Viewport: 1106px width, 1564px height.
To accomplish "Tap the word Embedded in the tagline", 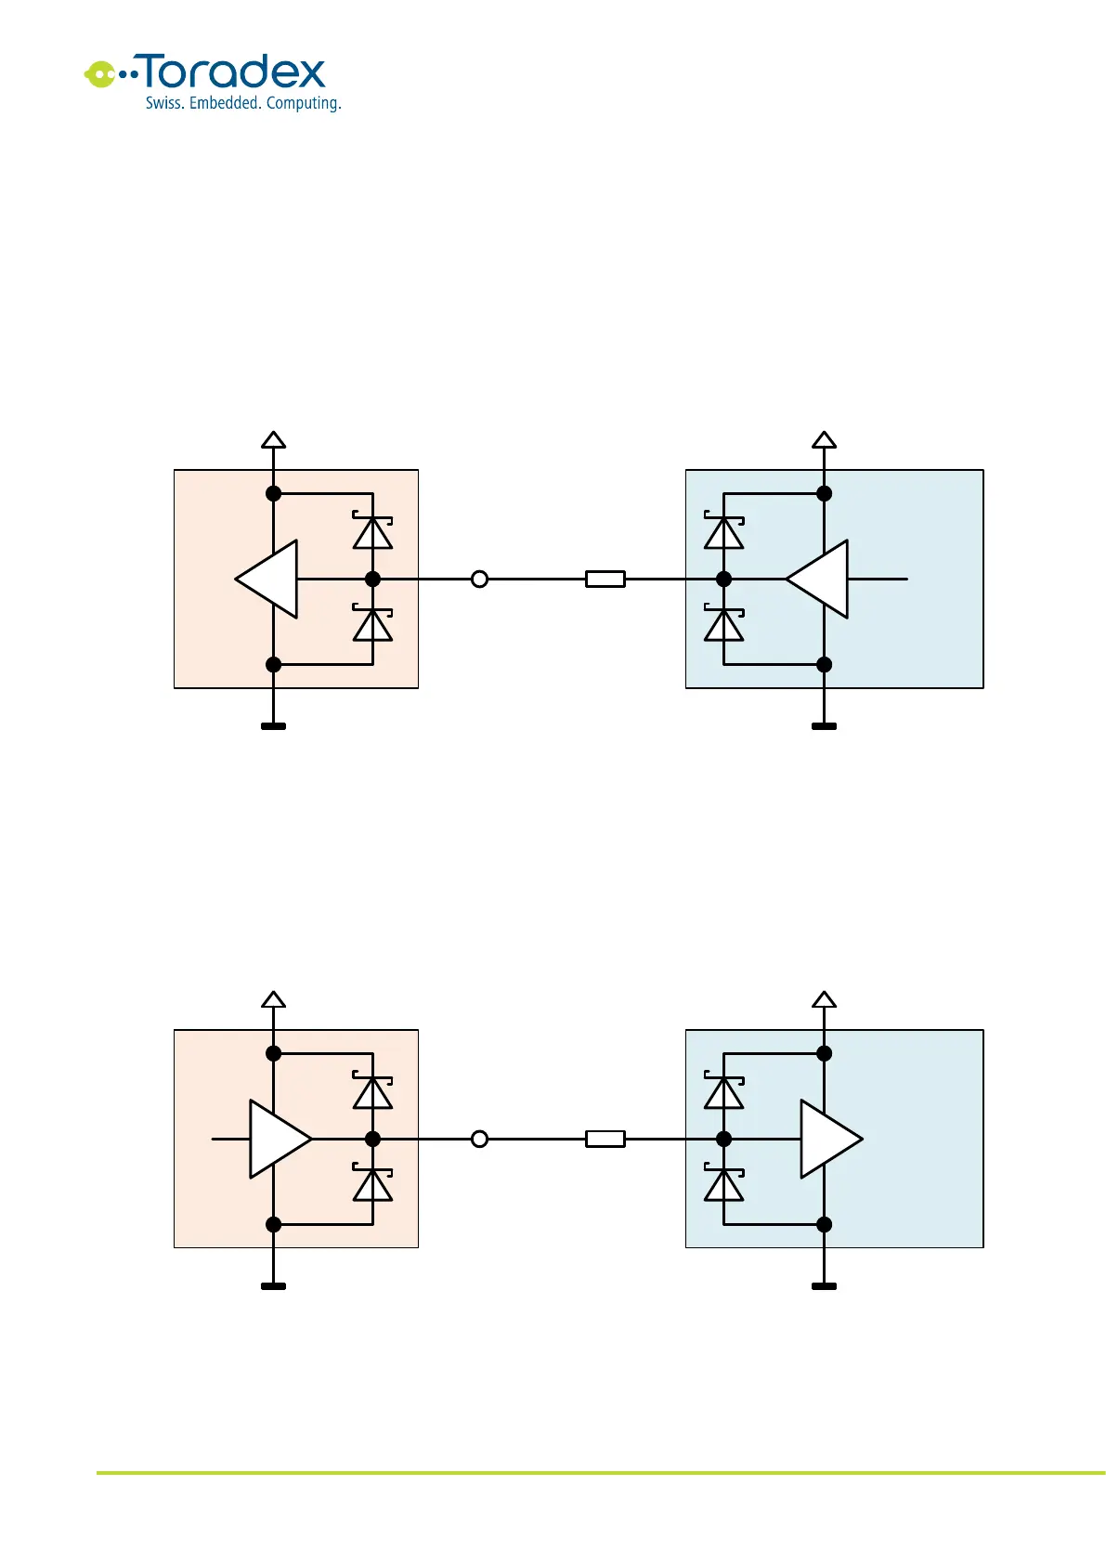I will pos(224,103).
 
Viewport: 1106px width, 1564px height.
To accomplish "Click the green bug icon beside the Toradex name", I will pos(100,73).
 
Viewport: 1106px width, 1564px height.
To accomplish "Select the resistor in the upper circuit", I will pos(605,580).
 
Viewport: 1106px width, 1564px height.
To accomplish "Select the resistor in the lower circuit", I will pos(605,1140).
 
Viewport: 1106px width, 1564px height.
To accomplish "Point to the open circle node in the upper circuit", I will pos(479,580).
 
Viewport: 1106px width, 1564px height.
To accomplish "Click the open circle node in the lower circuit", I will pos(479,1140).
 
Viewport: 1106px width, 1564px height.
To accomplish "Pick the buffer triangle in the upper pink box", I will pos(269,580).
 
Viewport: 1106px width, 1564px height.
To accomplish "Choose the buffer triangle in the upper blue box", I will pos(820,580).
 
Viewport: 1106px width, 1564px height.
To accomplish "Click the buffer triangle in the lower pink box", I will pos(278,1140).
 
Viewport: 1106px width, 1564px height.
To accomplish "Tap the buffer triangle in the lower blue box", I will pos(828,1140).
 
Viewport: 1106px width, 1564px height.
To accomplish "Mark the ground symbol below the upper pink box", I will pos(273,726).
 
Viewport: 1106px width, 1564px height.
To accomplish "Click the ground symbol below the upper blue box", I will pos(824,726).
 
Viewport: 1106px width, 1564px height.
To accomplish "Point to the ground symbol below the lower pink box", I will pos(273,1286).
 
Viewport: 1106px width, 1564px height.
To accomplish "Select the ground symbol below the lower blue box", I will pos(824,1286).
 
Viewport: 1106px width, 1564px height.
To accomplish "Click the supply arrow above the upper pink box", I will pos(273,440).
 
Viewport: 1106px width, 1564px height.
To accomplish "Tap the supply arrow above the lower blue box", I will pos(824,1000).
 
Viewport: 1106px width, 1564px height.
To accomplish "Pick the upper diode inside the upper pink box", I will pos(372,532).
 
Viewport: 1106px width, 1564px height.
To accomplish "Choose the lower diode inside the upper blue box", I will pos(724,625).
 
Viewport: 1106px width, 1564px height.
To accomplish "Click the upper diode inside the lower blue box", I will pos(724,1092).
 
